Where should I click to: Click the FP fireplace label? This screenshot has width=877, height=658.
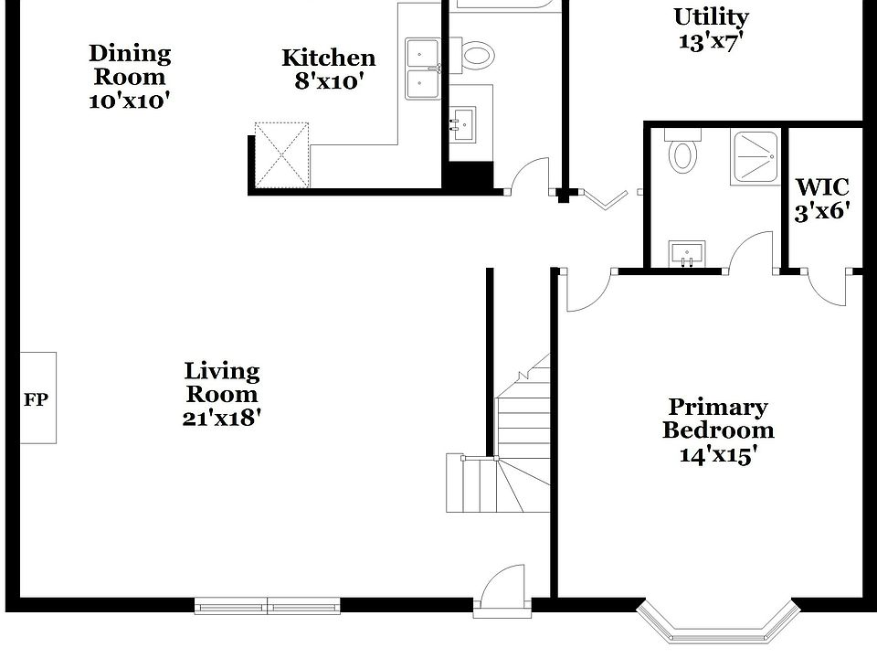coord(36,399)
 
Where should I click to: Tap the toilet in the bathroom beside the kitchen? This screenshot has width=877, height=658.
coord(475,55)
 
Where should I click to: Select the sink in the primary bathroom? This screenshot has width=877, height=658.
coord(685,252)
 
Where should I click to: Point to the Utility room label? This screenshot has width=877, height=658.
coord(711,17)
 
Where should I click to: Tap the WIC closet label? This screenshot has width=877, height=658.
coord(822,188)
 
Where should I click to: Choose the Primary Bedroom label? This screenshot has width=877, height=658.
coord(718,419)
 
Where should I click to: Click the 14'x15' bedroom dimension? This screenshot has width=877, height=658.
coord(718,454)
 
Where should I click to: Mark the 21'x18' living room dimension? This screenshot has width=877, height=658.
coord(222,419)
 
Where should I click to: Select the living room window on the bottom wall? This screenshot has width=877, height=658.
coord(268,605)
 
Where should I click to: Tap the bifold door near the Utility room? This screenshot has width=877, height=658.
coord(603,197)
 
